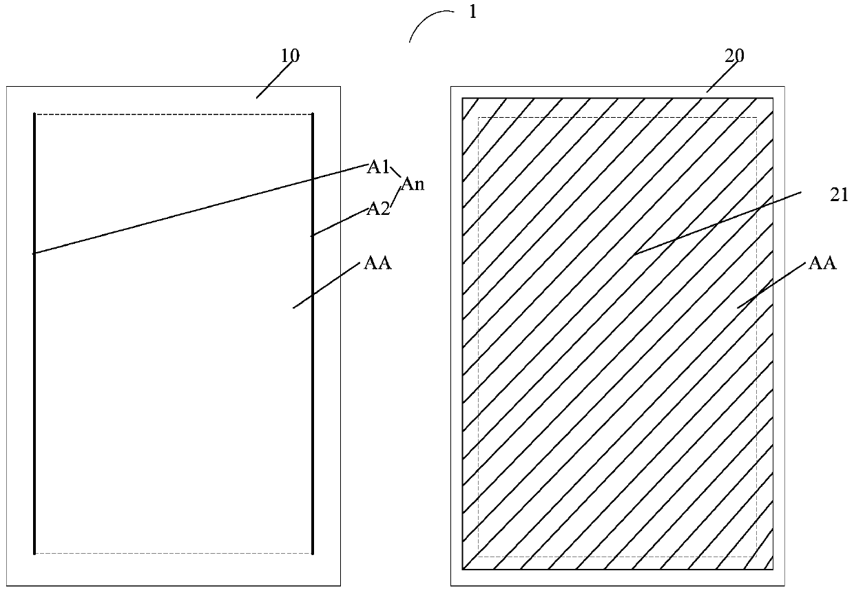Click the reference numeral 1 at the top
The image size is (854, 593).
point(472,12)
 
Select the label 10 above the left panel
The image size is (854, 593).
point(291,56)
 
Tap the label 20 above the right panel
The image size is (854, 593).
point(735,56)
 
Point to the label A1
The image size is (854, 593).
point(378,167)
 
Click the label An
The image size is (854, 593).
point(413,184)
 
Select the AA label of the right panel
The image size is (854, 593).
point(822,262)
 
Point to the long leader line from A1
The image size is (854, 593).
point(200,209)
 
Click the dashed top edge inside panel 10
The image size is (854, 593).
point(172,114)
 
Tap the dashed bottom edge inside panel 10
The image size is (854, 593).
point(172,553)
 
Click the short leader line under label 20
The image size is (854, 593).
point(720,78)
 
